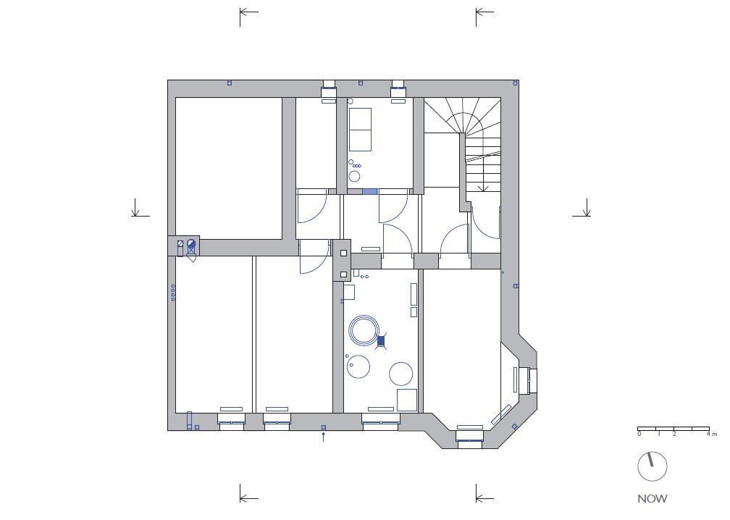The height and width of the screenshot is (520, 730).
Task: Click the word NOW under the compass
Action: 653,498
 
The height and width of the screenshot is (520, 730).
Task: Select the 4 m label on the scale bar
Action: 711,434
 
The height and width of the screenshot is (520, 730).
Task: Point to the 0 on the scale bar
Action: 639,434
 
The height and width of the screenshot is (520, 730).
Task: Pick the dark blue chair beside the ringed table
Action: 381,341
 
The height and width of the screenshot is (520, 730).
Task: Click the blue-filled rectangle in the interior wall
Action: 369,191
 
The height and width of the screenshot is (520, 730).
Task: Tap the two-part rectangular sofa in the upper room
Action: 360,130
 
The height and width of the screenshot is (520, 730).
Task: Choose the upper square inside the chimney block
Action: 343,253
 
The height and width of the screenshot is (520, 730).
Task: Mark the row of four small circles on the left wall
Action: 173,293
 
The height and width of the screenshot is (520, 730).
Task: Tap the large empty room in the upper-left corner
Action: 229,168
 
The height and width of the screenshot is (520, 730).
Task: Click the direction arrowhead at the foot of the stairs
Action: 483,188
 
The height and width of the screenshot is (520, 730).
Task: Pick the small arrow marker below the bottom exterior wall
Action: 324,436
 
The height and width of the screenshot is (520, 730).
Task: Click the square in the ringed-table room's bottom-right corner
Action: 407,401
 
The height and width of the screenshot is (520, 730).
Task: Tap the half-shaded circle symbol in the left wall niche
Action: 191,243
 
